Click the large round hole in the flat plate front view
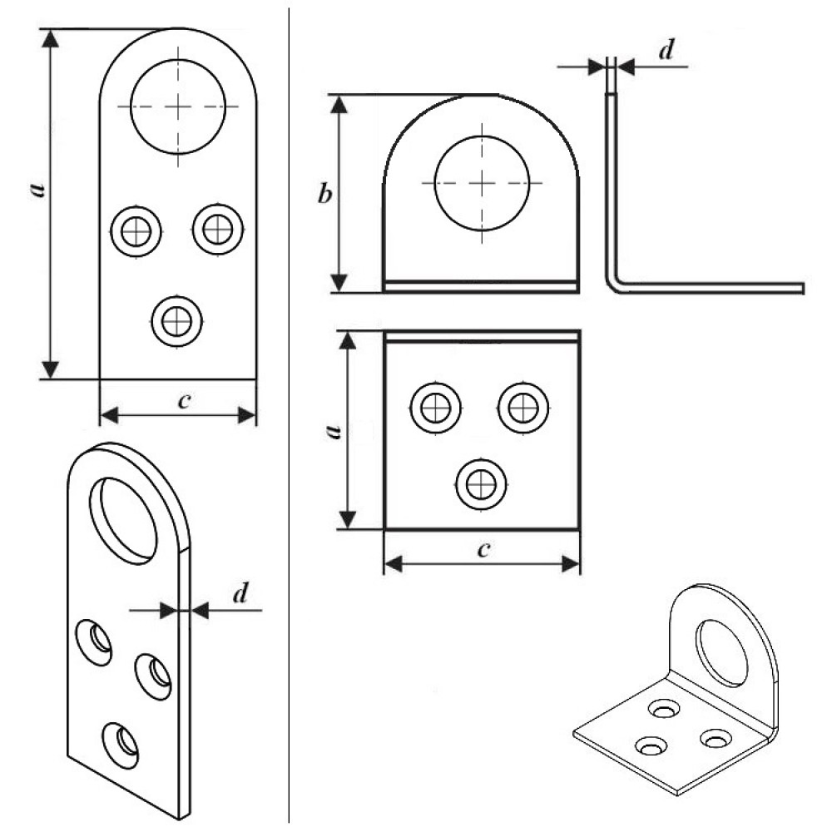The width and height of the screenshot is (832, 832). (177, 106)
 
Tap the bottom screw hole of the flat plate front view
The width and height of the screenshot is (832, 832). (177, 319)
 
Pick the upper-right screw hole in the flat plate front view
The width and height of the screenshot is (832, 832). (217, 226)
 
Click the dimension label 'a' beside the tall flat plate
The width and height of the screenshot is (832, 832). (37, 190)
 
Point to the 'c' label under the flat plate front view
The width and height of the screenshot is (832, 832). (185, 400)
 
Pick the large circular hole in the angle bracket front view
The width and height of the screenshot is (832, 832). (482, 182)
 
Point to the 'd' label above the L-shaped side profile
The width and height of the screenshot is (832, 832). (665, 52)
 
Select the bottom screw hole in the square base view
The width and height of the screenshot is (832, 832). (480, 483)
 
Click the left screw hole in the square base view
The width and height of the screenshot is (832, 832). (436, 408)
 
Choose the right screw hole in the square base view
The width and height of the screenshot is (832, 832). (523, 408)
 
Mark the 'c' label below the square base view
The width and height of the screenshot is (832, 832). (483, 550)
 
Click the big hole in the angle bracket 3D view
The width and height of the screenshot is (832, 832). (721, 654)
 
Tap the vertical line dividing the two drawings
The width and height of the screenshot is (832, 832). (290, 416)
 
